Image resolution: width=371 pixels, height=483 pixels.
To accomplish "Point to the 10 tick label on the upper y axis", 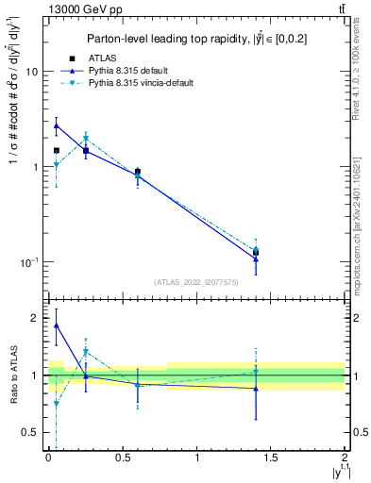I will (x=31, y=72).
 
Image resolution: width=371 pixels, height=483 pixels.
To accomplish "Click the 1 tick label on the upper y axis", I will (x=34, y=167).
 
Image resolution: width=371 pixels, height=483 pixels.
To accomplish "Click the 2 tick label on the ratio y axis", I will (x=34, y=318).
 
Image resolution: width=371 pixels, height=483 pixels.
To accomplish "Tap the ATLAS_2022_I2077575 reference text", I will (x=196, y=281).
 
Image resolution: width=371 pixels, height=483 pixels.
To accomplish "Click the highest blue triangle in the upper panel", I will (x=57, y=125).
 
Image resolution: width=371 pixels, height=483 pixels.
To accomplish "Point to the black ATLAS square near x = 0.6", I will (x=138, y=172).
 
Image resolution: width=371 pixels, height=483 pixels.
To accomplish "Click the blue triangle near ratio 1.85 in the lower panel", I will (x=57, y=325).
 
